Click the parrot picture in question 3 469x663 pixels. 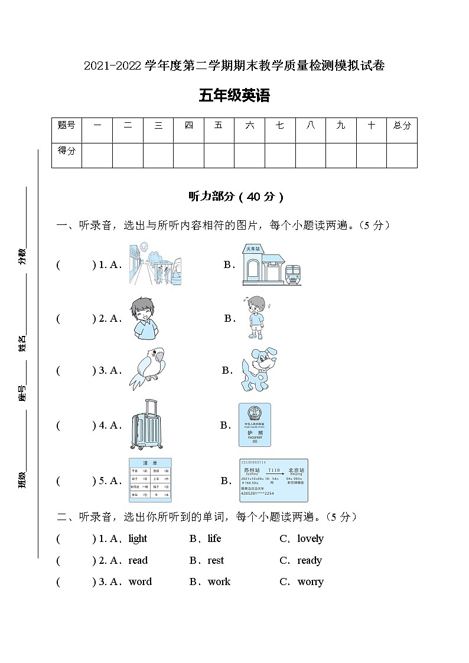[147, 369]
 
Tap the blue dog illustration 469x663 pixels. [258, 370]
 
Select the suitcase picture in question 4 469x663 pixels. [145, 424]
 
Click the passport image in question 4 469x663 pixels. [255, 424]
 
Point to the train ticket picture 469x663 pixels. [273, 480]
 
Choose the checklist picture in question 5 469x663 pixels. [150, 479]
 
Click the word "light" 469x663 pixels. [138, 538]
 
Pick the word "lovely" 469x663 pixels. [310, 538]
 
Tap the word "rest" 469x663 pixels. [216, 560]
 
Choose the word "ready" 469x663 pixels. [310, 560]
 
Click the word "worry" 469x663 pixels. [310, 582]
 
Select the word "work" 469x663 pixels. [219, 582]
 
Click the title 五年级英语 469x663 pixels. [234, 96]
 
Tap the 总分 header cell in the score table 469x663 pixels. [402, 125]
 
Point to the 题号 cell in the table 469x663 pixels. [66, 125]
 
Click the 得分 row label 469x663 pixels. [66, 151]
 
